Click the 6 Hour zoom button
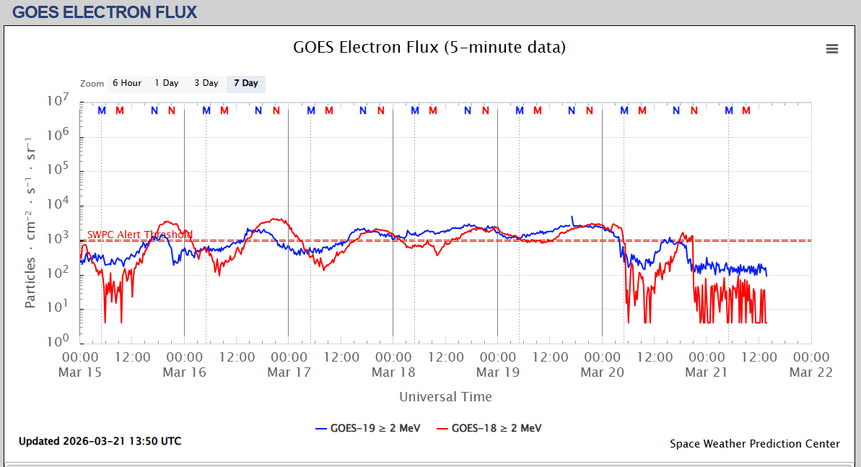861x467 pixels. (x=127, y=83)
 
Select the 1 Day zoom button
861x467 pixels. (x=167, y=83)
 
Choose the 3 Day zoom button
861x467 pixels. (x=206, y=83)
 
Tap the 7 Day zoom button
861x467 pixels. (x=246, y=83)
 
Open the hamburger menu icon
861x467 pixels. (x=832, y=48)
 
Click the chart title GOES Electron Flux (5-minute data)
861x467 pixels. (x=429, y=48)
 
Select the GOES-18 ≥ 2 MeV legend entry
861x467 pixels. (x=489, y=428)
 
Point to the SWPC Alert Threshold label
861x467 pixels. (x=140, y=235)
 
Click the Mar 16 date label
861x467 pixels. (x=184, y=372)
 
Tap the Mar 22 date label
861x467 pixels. (x=811, y=372)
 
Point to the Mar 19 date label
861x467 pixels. (x=498, y=372)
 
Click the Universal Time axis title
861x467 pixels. (x=445, y=397)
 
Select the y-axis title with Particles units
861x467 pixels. (x=30, y=222)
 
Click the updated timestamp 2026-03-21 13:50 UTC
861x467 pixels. (x=100, y=441)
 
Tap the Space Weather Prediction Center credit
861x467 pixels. (x=754, y=444)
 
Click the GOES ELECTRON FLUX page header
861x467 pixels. (x=105, y=12)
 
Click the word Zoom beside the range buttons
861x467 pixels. (x=92, y=84)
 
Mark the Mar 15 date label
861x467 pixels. (x=80, y=372)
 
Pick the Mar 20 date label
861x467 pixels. (x=602, y=372)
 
